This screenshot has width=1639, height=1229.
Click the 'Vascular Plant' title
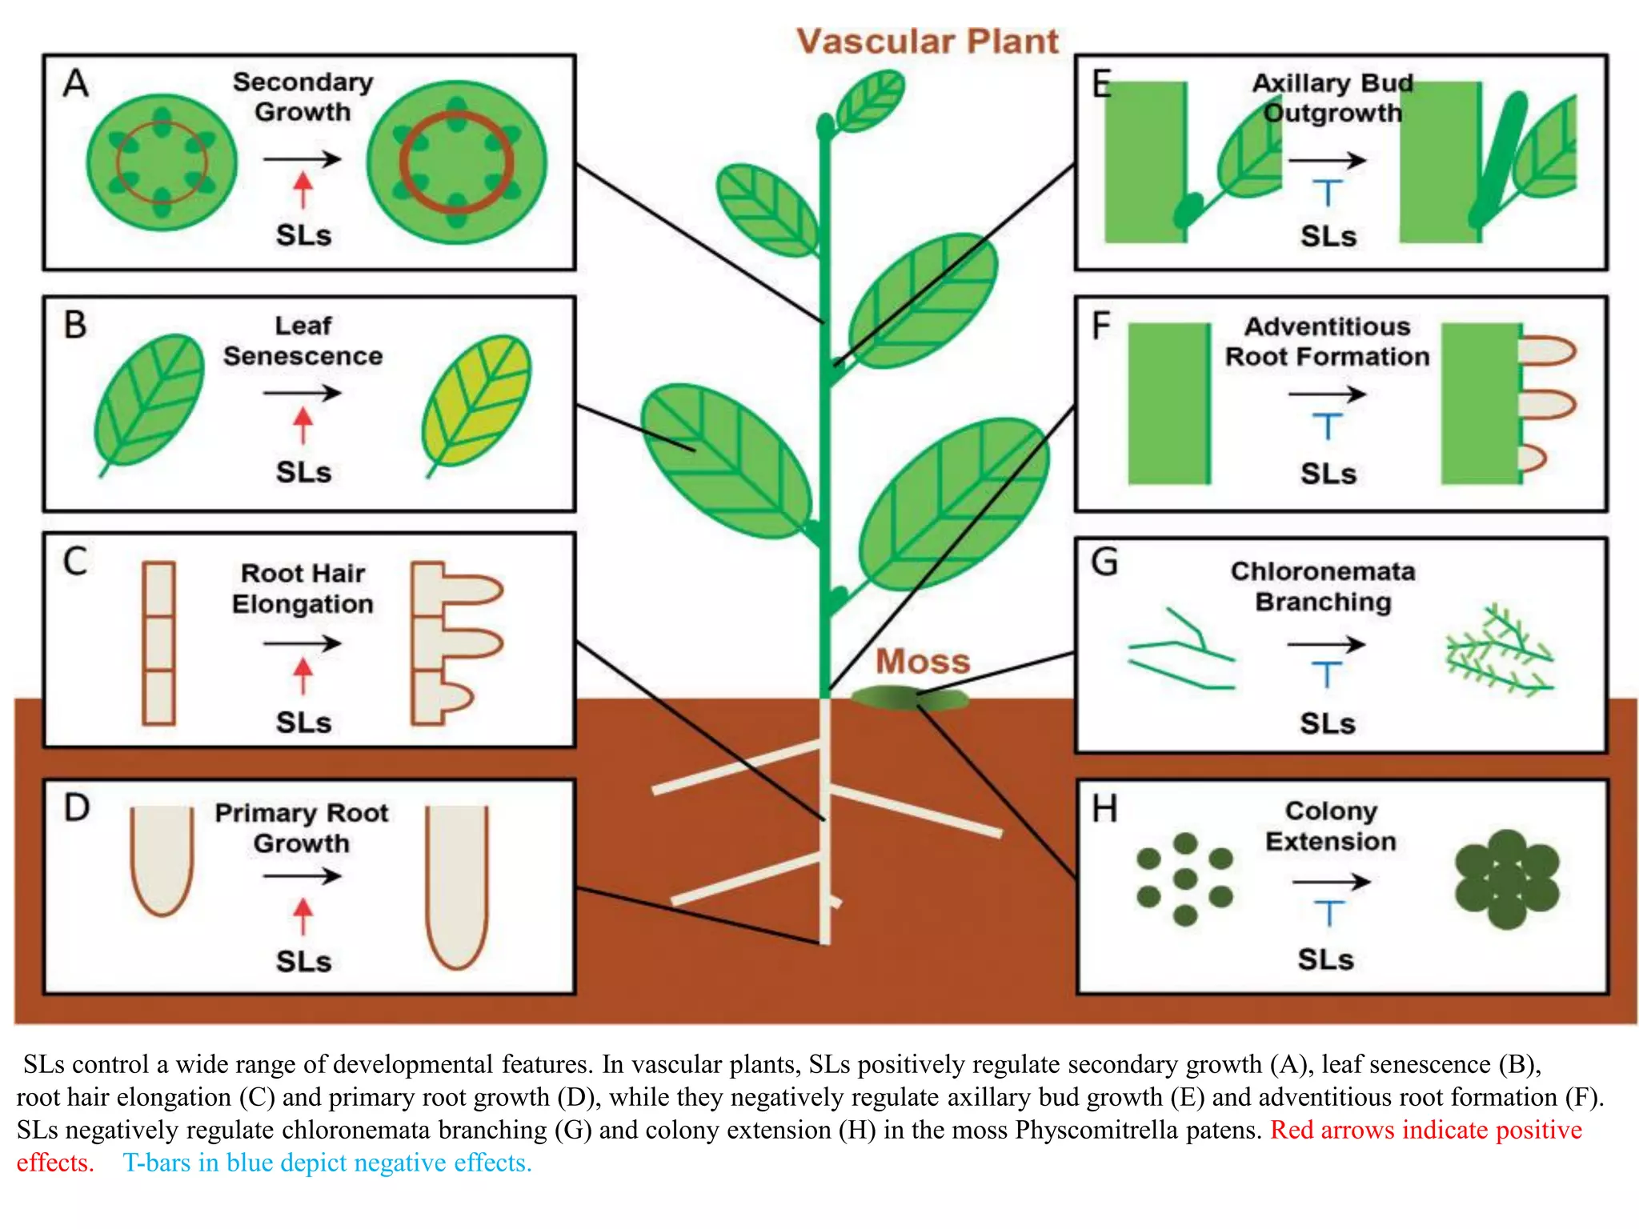point(927,42)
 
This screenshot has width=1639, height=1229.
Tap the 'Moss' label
point(922,662)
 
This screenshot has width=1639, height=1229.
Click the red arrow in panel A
point(303,190)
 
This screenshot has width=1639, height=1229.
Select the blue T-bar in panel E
point(1327,192)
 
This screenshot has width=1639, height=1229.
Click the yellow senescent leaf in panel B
point(477,402)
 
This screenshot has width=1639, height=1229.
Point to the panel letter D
point(77,808)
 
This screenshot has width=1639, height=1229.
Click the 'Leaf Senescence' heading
point(303,341)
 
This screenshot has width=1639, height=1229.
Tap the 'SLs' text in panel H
point(1325,959)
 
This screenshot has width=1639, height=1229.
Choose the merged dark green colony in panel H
point(1506,879)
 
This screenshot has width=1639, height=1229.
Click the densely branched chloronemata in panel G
point(1498,651)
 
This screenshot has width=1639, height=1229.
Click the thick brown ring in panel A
point(455,162)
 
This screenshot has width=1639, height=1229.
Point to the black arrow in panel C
point(303,643)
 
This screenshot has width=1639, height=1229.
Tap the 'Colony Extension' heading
point(1330,826)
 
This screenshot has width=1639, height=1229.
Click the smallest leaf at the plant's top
point(870,100)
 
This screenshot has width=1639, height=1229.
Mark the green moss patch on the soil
point(908,698)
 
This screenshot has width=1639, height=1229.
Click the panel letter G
point(1104,562)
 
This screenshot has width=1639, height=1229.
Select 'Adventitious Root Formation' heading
point(1327,342)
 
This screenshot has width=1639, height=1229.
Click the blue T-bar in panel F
point(1327,425)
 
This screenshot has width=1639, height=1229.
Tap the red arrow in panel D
point(303,915)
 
